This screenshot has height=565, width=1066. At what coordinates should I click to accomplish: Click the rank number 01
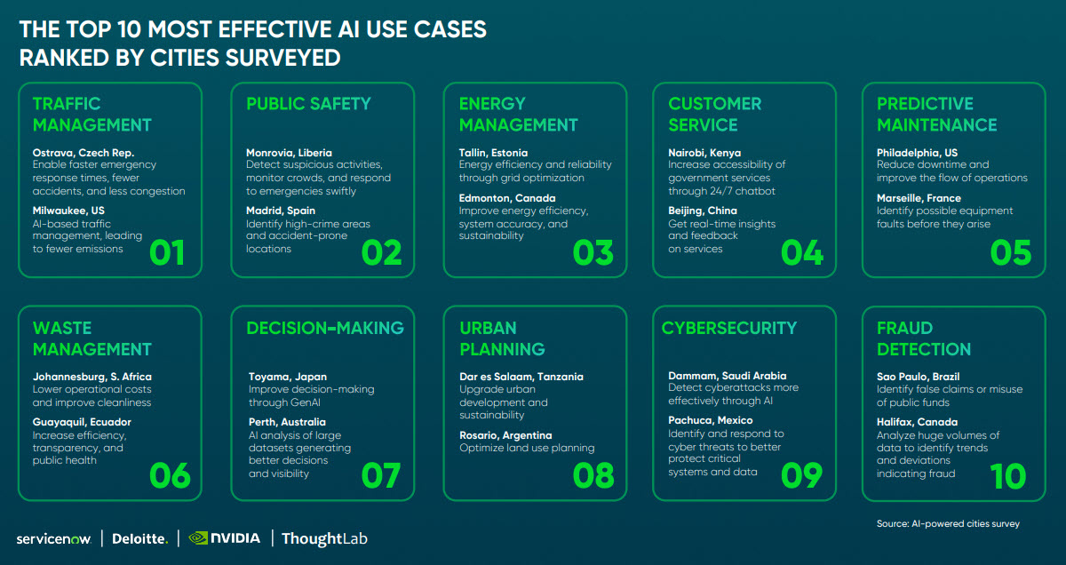click(167, 252)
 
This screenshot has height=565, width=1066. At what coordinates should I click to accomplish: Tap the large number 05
click(1011, 252)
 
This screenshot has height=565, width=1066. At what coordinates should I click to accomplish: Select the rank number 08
click(593, 475)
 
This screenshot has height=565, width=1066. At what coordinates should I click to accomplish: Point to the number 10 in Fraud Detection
click(1008, 475)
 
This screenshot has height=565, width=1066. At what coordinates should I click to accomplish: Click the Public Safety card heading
click(307, 104)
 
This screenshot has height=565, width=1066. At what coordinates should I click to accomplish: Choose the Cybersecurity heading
click(728, 328)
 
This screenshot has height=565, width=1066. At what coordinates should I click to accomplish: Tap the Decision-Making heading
click(325, 328)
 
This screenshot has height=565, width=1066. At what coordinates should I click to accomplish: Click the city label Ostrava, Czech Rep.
click(84, 153)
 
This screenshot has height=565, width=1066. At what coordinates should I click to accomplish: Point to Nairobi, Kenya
click(704, 153)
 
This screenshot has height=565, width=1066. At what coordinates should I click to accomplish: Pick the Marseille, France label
click(919, 198)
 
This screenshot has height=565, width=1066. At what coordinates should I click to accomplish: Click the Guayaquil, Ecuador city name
click(82, 422)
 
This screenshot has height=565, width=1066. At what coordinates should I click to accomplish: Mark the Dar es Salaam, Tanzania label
click(521, 377)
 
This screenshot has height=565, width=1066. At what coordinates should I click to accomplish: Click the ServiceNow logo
click(54, 538)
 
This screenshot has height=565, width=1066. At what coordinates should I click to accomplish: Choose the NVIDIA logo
click(224, 537)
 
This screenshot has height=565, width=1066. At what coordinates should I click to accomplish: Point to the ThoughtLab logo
click(324, 538)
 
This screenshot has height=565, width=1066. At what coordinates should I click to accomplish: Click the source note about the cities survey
click(948, 523)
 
